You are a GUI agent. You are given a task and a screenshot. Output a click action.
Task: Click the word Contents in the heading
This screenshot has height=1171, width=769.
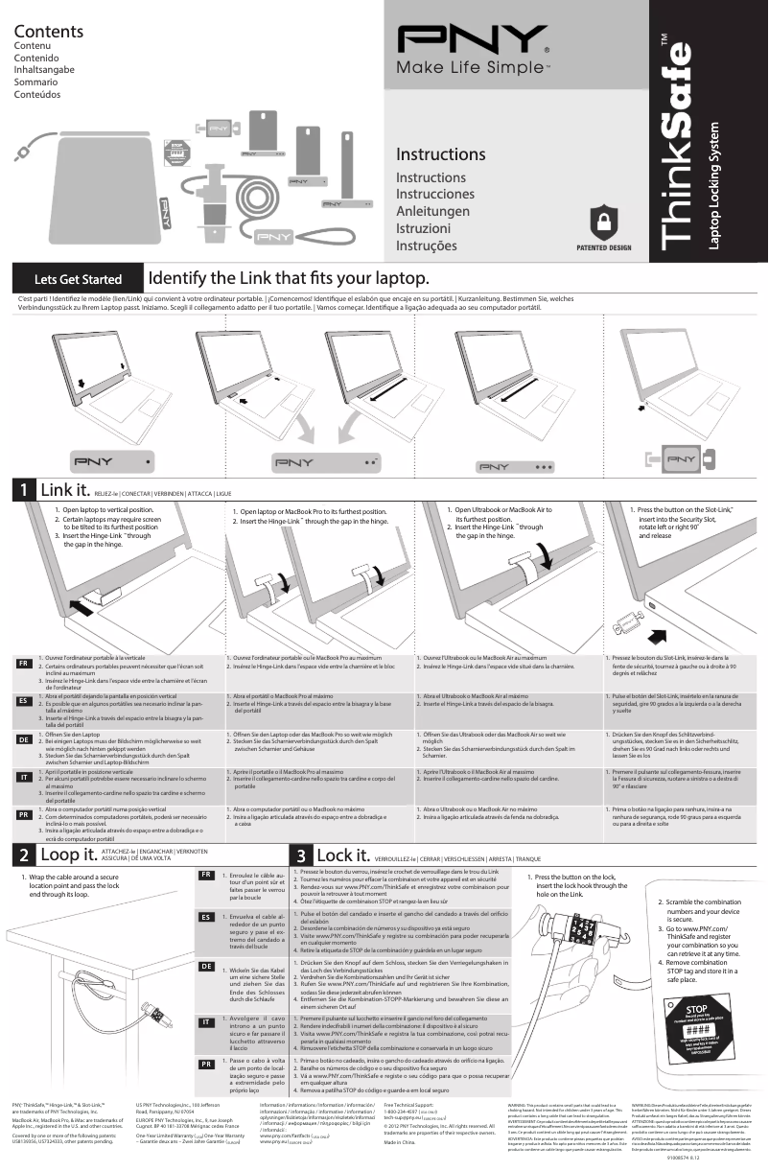48,32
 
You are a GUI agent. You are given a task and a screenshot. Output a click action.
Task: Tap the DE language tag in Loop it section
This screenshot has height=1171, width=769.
204,966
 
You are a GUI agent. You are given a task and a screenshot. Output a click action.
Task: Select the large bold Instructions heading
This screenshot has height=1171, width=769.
440,154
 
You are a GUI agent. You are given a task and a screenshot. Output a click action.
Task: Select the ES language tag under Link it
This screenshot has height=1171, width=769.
24,700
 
